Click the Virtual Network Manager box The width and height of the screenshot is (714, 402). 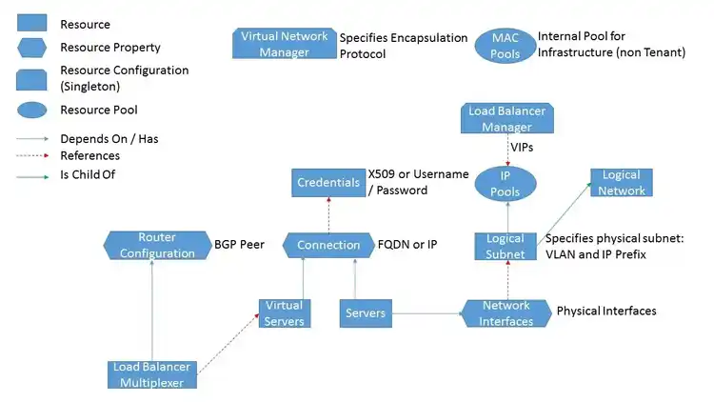pyautogui.click(x=284, y=44)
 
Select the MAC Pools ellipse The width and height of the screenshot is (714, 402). pyautogui.click(x=505, y=45)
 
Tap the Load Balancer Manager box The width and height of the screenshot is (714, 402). pyautogui.click(x=506, y=118)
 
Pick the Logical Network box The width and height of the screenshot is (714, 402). pyautogui.click(x=621, y=183)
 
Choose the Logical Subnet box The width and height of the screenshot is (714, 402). pyautogui.click(x=506, y=246)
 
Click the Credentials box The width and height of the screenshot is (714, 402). pyautogui.click(x=327, y=183)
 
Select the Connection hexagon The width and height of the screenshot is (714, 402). pyautogui.click(x=327, y=245)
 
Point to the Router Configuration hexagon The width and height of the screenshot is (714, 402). pyautogui.click(x=156, y=245)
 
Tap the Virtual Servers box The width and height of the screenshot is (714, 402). pyautogui.click(x=284, y=312)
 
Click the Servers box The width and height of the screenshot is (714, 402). pyautogui.click(x=366, y=312)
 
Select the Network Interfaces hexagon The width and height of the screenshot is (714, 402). pyautogui.click(x=506, y=312)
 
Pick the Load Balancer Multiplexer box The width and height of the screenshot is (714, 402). pyautogui.click(x=152, y=374)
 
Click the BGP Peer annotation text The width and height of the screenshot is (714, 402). pyautogui.click(x=240, y=245)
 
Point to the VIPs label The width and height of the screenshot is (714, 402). pyautogui.click(x=522, y=148)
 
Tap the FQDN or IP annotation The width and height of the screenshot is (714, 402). pyautogui.click(x=407, y=245)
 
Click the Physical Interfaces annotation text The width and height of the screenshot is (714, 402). pyautogui.click(x=605, y=312)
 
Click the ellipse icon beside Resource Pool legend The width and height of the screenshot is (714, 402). pyautogui.click(x=33, y=111)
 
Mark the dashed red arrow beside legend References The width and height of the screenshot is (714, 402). pyautogui.click(x=33, y=156)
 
